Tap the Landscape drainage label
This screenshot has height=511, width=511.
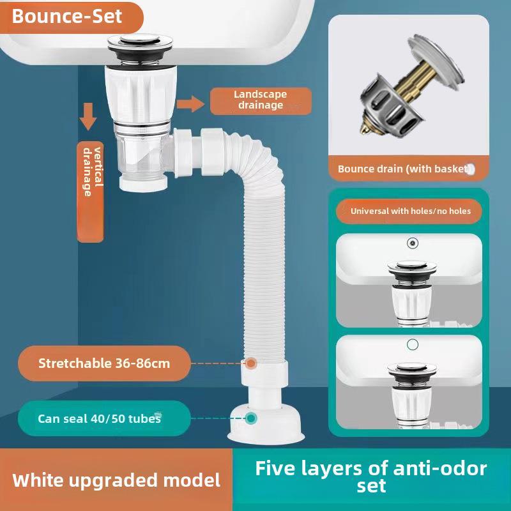coord(261,100)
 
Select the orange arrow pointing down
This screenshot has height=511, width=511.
coord(88,118)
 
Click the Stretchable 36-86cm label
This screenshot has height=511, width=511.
coord(104,363)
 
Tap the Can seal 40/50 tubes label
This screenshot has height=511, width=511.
coord(99,418)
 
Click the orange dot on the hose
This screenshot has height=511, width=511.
coord(251,363)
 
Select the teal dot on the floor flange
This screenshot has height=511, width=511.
coord(251,418)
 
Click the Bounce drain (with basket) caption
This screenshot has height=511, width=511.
coord(406,169)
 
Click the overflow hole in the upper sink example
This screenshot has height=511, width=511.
coord(413,243)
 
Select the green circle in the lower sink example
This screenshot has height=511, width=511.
coord(413,345)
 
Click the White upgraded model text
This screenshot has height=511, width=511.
coord(116,480)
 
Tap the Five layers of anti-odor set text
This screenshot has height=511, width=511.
coord(371,477)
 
